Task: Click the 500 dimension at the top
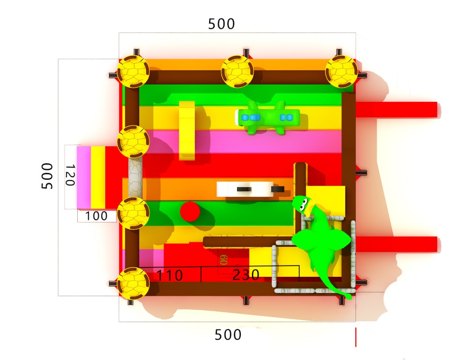[x=221, y=24]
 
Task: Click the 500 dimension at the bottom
[x=228, y=335]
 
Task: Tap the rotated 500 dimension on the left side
[x=47, y=176]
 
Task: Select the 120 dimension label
[x=70, y=175]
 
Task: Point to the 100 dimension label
[x=96, y=216]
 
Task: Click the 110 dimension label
[x=170, y=275]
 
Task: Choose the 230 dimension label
[x=246, y=275]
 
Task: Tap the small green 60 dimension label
[x=224, y=260]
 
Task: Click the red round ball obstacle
[x=190, y=211]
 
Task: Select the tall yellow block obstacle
[x=187, y=131]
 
